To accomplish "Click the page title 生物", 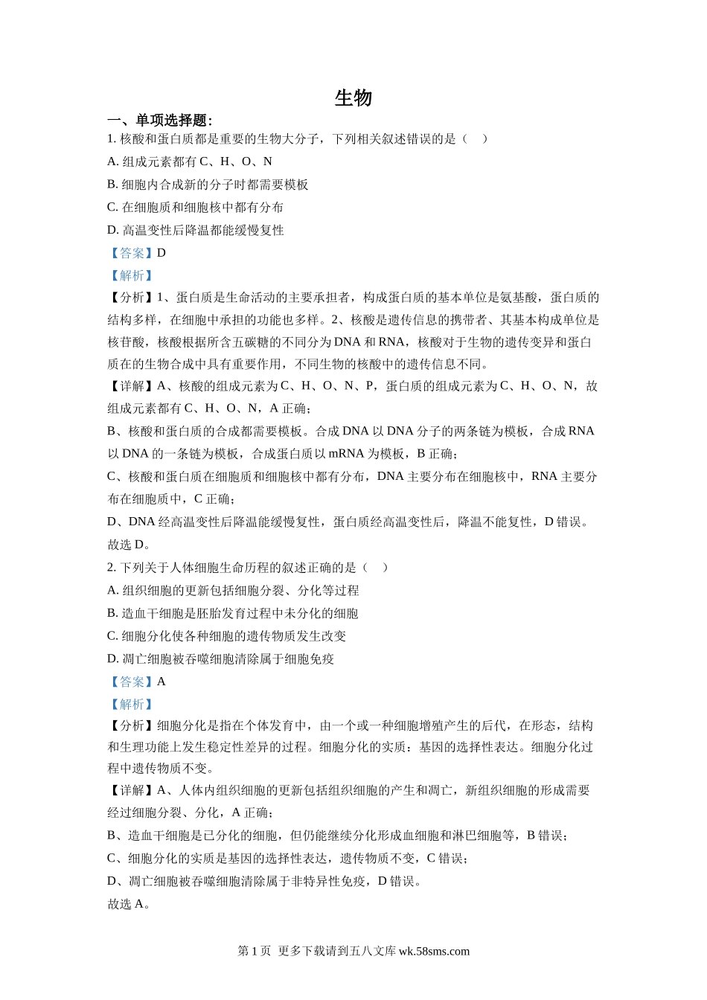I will [x=353, y=97].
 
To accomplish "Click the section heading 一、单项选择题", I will [x=159, y=121].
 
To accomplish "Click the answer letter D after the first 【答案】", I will [x=161, y=253].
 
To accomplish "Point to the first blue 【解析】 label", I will [x=132, y=275].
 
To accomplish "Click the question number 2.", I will [x=111, y=568].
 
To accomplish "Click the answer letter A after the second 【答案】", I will [x=161, y=682].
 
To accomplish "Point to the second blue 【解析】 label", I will [x=132, y=704].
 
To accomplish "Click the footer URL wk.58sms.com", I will [x=434, y=951].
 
